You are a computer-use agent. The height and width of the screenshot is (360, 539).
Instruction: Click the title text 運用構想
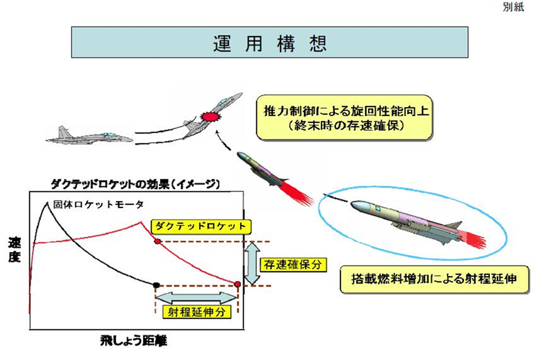coord(269,43)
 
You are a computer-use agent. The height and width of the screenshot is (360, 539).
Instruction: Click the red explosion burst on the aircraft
coord(209,117)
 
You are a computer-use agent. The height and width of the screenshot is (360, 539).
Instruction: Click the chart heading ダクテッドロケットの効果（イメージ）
coord(135,185)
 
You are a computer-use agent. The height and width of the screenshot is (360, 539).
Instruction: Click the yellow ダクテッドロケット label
coord(200,225)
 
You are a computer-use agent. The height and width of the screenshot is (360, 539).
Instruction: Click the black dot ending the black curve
coord(156,285)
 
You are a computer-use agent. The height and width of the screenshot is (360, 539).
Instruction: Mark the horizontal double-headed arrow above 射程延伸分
coord(196,296)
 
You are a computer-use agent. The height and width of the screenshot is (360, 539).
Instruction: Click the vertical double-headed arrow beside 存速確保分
coord(252,263)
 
